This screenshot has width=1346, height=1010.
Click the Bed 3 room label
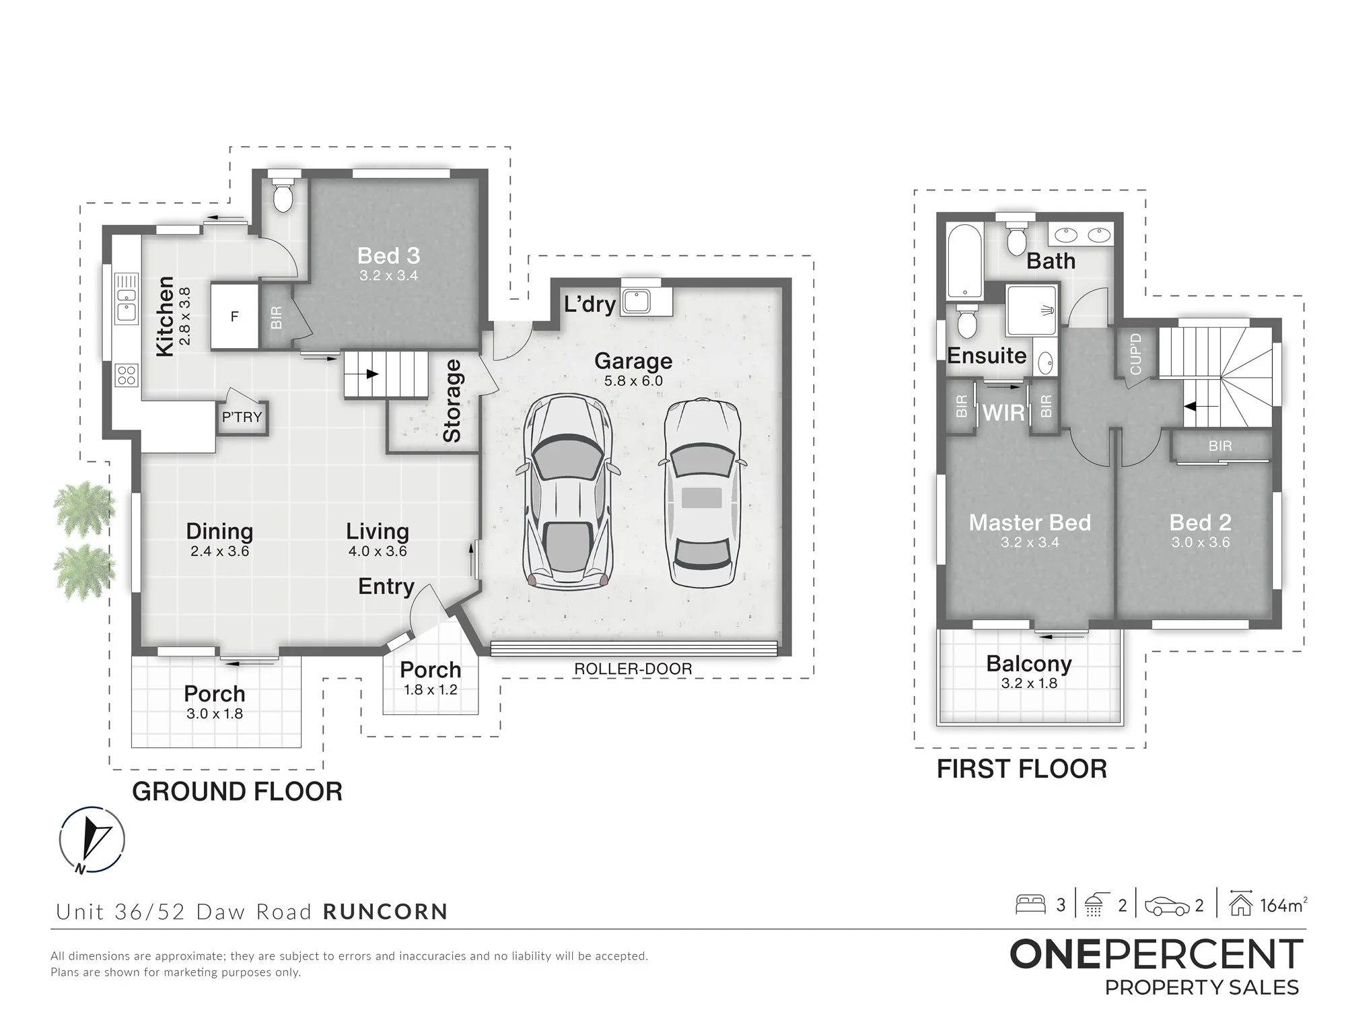coord(388,256)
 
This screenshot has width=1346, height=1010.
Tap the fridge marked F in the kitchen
coord(234,316)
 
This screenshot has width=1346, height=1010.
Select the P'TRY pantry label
coord(242,417)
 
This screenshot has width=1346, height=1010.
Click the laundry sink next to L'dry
coord(636,301)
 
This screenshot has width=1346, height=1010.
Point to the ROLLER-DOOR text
coord(633,669)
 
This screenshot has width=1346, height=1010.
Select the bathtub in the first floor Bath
coord(964,262)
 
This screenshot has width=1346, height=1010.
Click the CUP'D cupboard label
coord(1136,354)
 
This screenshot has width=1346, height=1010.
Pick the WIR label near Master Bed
coord(1003,413)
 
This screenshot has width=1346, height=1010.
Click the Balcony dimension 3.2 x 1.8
coord(1029,683)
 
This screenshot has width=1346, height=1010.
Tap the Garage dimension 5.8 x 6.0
coord(633,381)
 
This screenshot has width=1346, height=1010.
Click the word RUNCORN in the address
coord(386,912)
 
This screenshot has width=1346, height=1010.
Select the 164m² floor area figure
coord(1283,906)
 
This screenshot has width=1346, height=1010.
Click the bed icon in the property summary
coord(1030,904)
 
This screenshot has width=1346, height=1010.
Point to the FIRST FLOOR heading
coord(1022,769)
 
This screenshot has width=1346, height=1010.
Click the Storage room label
coord(452,401)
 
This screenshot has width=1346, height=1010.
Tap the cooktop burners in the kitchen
coord(127,376)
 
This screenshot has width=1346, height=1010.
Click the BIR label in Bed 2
coord(1220,446)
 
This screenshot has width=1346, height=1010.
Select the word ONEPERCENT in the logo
coord(1156,955)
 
